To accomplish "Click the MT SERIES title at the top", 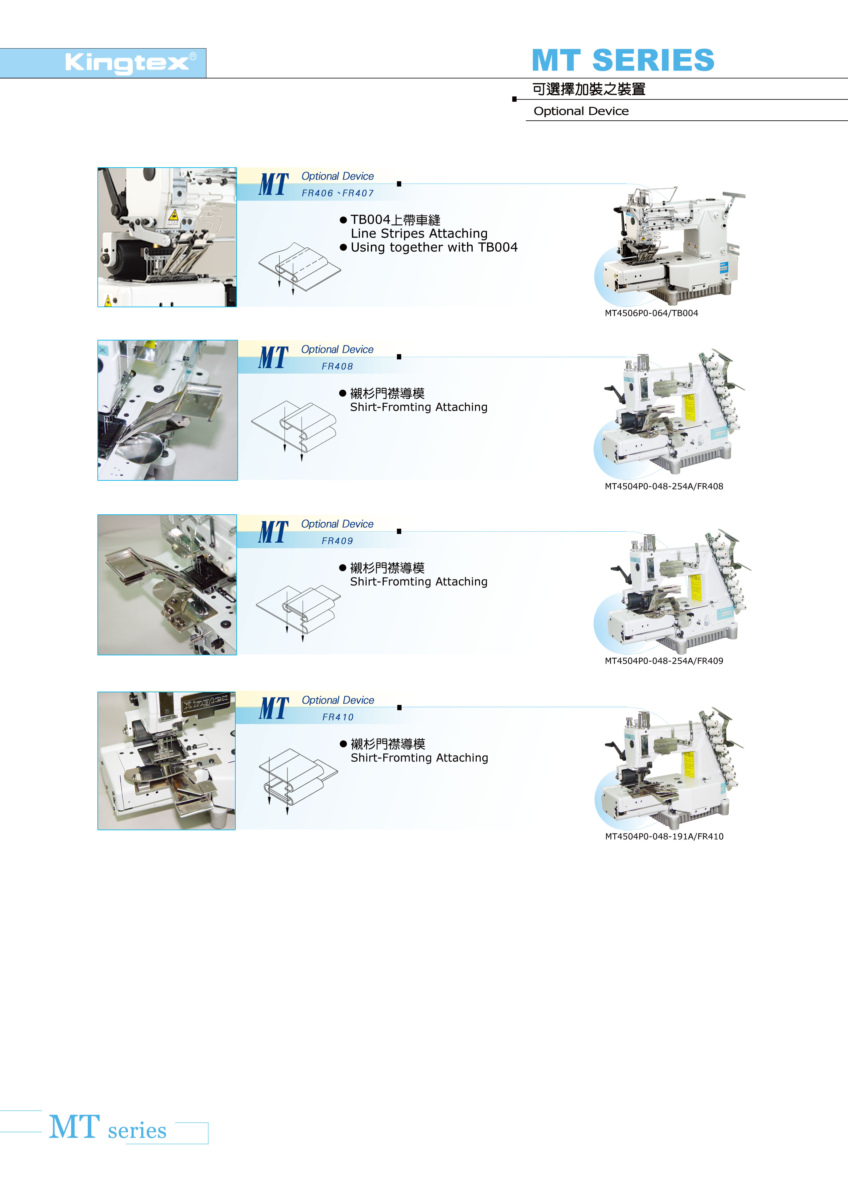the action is coord(623,60).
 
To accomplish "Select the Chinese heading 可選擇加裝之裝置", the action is coord(589,89).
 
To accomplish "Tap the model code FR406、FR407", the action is coord(338,193).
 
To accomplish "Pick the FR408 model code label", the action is coord(337,366).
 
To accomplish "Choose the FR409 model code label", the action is coord(337,541).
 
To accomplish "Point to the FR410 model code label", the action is coord(338,718).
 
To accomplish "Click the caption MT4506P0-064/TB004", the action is coord(651,313).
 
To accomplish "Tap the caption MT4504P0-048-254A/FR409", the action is coord(664,661).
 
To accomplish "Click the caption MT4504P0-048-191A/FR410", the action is coord(664,837).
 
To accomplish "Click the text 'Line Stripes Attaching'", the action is coord(419,233).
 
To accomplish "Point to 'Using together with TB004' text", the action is coord(434,247).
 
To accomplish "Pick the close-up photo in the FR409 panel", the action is coord(167,585).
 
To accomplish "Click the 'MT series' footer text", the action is coord(108,1127).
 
